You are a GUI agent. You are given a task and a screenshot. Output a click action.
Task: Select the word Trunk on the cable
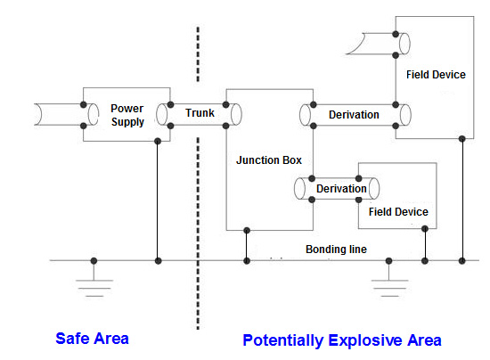[200, 114]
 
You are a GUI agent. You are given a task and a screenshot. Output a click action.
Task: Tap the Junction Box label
[269, 161]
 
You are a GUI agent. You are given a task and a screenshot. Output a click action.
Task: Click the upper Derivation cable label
[354, 114]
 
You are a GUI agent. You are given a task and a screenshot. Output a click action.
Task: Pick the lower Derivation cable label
[341, 189]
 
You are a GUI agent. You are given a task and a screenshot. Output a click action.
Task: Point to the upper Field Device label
[435, 75]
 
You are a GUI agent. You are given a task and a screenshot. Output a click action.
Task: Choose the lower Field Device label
[397, 212]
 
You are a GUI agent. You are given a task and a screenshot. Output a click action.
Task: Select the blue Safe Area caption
[92, 339]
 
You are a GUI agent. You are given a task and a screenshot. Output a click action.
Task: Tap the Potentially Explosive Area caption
[341, 340]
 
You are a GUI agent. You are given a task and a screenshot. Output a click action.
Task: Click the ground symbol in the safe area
[94, 283]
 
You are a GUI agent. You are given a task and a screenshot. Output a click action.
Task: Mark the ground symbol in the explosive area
[388, 283]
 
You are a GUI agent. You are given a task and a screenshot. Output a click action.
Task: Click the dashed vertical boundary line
[197, 178]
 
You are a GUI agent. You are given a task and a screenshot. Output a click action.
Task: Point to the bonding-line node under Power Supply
[159, 261]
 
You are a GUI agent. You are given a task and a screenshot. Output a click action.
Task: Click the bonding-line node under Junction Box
[247, 261]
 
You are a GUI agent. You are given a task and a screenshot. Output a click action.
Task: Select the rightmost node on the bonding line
[461, 261]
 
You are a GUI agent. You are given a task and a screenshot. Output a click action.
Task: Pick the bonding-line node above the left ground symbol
[94, 261]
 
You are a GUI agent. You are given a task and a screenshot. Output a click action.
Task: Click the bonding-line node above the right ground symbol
[388, 261]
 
